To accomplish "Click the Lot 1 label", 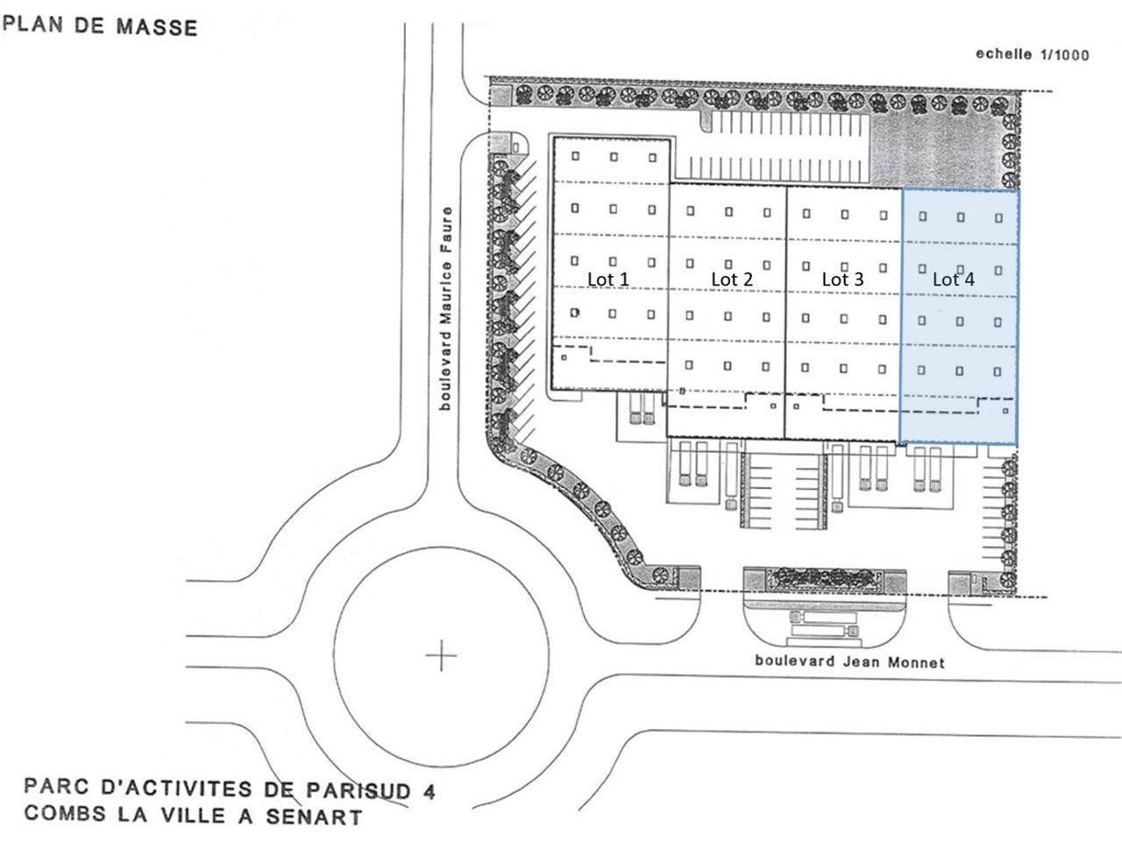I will [x=607, y=279].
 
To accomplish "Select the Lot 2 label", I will [x=732, y=279].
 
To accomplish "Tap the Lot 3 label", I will [x=842, y=279].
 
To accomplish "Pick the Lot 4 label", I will [x=953, y=279].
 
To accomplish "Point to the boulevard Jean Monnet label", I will [x=849, y=661].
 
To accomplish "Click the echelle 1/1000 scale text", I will [x=1033, y=54].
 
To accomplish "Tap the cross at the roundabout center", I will [x=442, y=654].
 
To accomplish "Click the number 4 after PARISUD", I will [x=428, y=791].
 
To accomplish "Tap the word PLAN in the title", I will [x=34, y=22].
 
